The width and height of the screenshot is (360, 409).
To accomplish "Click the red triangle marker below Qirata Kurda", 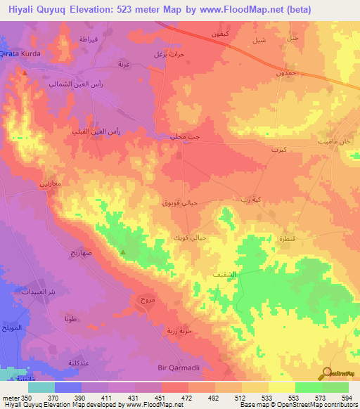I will [x=25, y=72].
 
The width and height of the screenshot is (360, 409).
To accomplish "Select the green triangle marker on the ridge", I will [x=124, y=252].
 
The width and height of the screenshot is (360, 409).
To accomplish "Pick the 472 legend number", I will [x=188, y=398].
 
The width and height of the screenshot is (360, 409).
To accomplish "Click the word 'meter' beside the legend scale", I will [x=11, y=398].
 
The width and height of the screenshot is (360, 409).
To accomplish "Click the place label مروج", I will [x=146, y=300].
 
